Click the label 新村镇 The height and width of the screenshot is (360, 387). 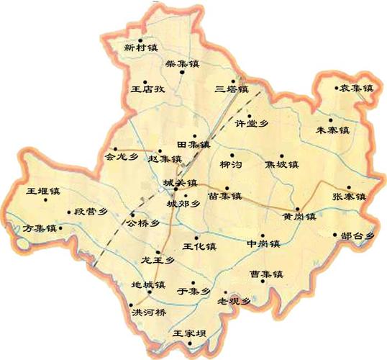139,48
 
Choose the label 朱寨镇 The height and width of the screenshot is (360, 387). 332,130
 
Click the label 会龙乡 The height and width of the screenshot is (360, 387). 121,155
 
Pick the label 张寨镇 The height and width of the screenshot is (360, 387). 349,197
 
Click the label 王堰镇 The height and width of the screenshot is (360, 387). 42,192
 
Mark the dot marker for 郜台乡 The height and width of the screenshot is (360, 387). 335,234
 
